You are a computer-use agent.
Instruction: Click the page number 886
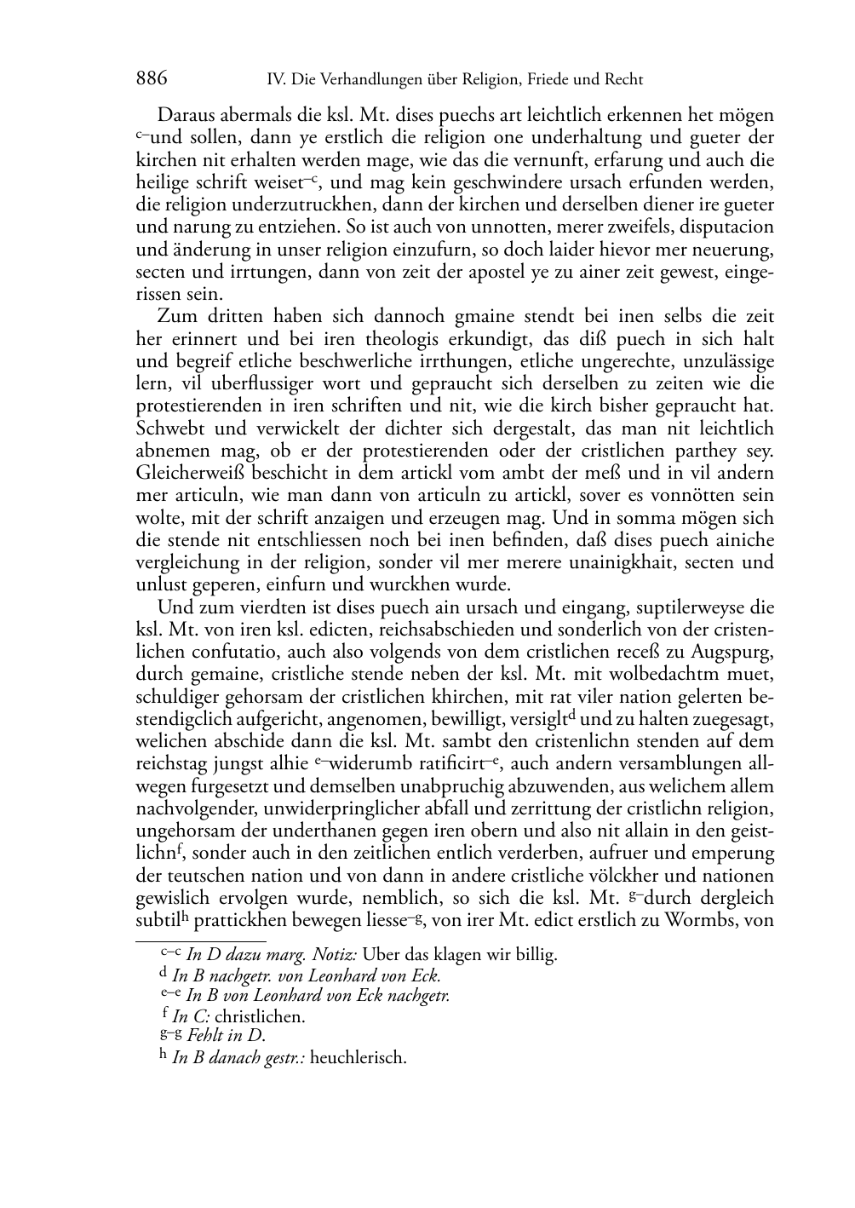point(152,79)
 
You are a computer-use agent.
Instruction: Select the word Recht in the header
point(623,80)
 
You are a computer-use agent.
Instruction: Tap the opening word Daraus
point(186,116)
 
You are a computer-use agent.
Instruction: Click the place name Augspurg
point(734,653)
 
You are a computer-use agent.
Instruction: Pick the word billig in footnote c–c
point(534,955)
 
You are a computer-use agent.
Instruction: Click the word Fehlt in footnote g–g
point(204,1036)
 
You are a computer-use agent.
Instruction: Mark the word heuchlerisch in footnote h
point(359,1059)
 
